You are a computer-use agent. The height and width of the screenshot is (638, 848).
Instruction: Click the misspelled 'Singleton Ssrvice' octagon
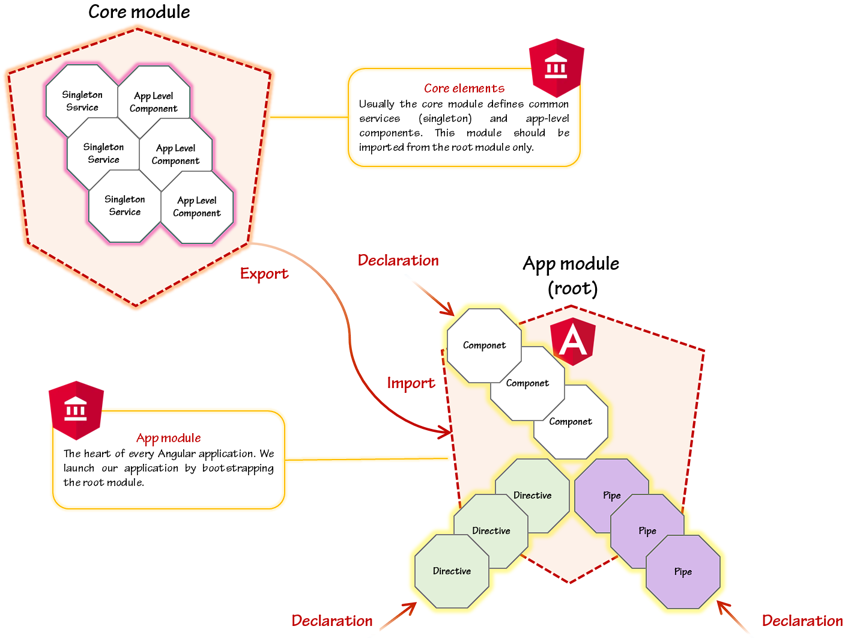(82, 101)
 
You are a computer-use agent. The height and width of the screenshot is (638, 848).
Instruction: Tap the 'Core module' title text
(139, 12)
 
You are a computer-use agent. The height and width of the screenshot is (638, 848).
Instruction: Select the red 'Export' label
(264, 274)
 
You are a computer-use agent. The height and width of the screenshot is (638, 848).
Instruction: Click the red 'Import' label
(411, 383)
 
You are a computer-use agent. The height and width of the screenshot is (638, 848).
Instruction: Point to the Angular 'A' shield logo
(573, 341)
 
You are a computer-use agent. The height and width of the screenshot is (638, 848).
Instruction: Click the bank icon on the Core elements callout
(556, 68)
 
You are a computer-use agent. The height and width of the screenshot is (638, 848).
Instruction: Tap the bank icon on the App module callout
(76, 410)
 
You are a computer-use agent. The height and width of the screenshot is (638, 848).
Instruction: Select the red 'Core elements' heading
(464, 88)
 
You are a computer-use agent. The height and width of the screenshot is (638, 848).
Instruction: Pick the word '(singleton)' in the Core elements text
(446, 118)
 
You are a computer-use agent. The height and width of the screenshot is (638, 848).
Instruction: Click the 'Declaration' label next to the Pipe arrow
(802, 621)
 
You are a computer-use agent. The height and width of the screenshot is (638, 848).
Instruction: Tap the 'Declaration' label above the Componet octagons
(398, 260)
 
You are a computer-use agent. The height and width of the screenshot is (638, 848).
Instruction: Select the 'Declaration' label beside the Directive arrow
(332, 621)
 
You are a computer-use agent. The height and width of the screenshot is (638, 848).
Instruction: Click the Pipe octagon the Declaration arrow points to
(683, 572)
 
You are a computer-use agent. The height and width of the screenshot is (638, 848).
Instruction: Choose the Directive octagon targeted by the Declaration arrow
(452, 571)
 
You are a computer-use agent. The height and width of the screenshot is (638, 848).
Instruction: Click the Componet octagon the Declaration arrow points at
(484, 345)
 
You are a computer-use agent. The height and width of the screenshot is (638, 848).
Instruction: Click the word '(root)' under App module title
(573, 289)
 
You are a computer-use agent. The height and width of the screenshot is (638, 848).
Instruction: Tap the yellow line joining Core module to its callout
(309, 117)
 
